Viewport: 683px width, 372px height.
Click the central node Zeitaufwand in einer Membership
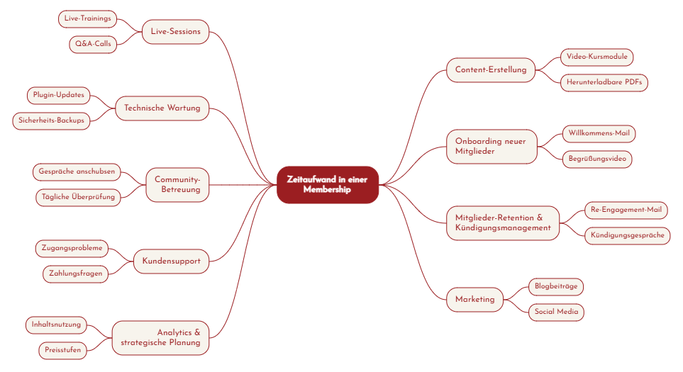(x=328, y=185)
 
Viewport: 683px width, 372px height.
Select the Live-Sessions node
(x=175, y=32)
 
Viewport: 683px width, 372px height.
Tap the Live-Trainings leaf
(x=87, y=18)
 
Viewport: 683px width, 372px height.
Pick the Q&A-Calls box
(x=93, y=44)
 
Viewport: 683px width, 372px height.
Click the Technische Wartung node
(x=162, y=108)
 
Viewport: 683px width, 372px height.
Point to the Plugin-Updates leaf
(x=58, y=95)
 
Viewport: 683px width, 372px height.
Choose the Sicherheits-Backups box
(x=51, y=120)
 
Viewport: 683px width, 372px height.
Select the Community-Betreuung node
(x=177, y=185)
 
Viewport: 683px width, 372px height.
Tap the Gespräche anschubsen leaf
(x=77, y=171)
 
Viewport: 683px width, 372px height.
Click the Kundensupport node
(x=171, y=261)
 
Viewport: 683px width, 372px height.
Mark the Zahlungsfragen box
(x=76, y=274)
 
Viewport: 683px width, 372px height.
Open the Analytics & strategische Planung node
(x=160, y=337)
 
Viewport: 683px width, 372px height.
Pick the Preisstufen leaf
(x=62, y=350)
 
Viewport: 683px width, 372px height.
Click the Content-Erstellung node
(x=491, y=70)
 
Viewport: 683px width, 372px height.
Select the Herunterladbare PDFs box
(x=604, y=83)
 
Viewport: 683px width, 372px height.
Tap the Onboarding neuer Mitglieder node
(x=491, y=147)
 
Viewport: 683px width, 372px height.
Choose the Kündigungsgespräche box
(x=627, y=235)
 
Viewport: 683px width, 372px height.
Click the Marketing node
(x=474, y=300)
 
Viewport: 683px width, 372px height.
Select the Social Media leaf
(x=556, y=312)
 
